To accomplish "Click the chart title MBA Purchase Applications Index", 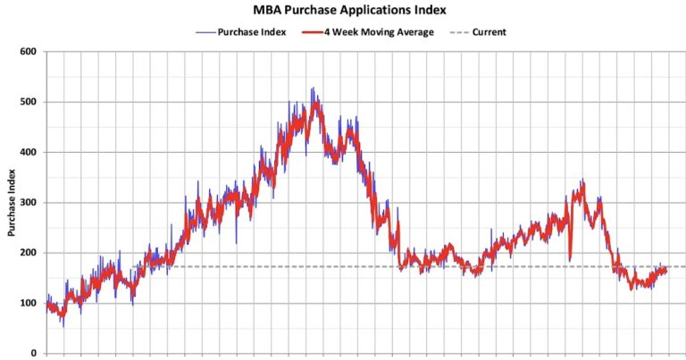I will click(x=344, y=10).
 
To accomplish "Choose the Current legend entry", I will click(x=489, y=32).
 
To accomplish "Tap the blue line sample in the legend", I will click(x=204, y=32).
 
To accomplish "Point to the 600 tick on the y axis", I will click(x=29, y=52).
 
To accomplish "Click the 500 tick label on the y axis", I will click(x=29, y=102).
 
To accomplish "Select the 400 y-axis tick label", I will click(x=29, y=152).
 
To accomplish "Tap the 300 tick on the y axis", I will click(x=29, y=203).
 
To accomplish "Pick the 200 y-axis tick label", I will click(x=29, y=253).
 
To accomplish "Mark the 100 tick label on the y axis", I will click(x=29, y=303).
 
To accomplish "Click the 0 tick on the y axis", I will click(x=34, y=353).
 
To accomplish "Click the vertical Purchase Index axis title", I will click(x=12, y=203).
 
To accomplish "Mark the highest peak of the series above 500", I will click(x=312, y=88).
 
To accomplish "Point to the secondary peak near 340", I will click(x=582, y=181).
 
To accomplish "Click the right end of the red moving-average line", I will click(x=665, y=270).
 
